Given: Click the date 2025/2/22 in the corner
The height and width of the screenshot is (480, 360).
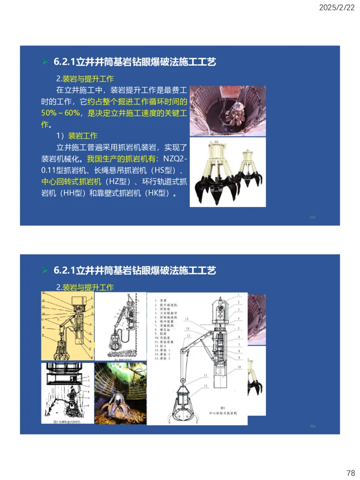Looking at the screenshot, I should coord(336,8).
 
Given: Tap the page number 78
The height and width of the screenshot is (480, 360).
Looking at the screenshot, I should coord(351,473).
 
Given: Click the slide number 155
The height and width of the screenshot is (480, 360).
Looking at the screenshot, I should coord(312,217).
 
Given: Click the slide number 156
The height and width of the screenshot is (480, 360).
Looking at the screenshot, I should coord(312,426).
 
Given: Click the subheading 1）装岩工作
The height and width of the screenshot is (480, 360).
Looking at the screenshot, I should coord(76,135).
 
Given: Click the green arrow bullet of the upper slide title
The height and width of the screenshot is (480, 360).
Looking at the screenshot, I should coord(45,62).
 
